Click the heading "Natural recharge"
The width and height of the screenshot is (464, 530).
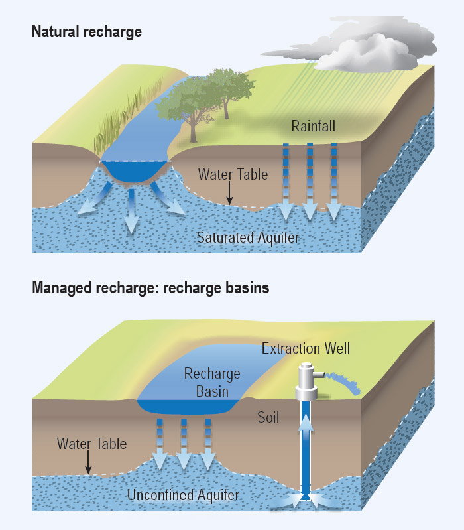pyautogui.click(x=87, y=32)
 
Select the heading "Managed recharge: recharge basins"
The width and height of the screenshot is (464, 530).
pyautogui.click(x=150, y=289)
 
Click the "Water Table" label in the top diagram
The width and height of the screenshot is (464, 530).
pyautogui.click(x=234, y=174)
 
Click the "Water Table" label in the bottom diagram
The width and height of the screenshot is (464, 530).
pyautogui.click(x=92, y=442)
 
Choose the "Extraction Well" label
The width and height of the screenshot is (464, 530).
pyautogui.click(x=306, y=348)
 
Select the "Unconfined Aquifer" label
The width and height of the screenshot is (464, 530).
pyautogui.click(x=183, y=495)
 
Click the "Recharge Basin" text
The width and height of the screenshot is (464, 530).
pyautogui.click(x=211, y=383)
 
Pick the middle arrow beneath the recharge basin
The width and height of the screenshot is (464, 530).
pyautogui.click(x=184, y=444)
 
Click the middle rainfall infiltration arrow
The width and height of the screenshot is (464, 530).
pyautogui.click(x=310, y=182)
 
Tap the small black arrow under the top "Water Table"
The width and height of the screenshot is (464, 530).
pyautogui.click(x=229, y=194)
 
